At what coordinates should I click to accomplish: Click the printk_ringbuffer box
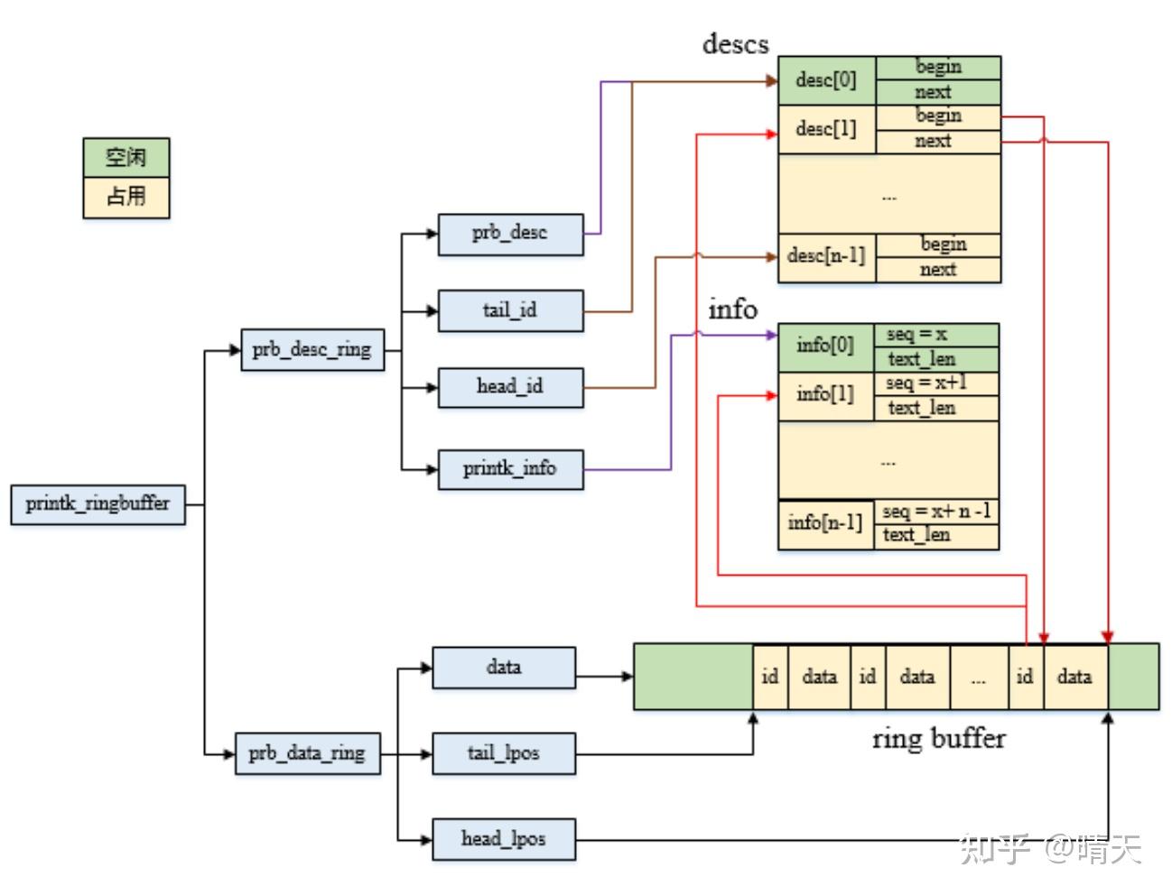pos(98,504)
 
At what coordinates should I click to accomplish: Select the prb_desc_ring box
pos(312,350)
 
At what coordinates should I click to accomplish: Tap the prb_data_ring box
pos(308,753)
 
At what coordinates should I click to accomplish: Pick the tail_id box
pos(510,311)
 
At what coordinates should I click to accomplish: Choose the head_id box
pos(510,388)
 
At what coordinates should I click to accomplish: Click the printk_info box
pos(510,469)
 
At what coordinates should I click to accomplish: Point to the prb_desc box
pos(510,235)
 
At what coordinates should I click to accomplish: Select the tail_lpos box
pos(504,753)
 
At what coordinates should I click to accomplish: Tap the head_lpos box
pos(504,839)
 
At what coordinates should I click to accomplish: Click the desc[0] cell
pos(826,80)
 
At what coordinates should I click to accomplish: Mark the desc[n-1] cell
pos(826,258)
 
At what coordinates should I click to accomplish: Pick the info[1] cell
pos(825,396)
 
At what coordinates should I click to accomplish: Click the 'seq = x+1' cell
pos(936,383)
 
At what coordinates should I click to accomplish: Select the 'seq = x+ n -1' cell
pos(936,512)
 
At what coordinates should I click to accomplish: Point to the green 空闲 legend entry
pos(126,157)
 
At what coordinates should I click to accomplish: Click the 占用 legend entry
pos(126,198)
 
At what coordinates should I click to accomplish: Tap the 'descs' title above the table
pos(735,43)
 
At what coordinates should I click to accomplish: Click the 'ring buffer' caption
pos(939,739)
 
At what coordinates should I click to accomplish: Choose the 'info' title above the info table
pos(732,309)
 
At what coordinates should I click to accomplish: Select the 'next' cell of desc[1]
pos(938,142)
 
